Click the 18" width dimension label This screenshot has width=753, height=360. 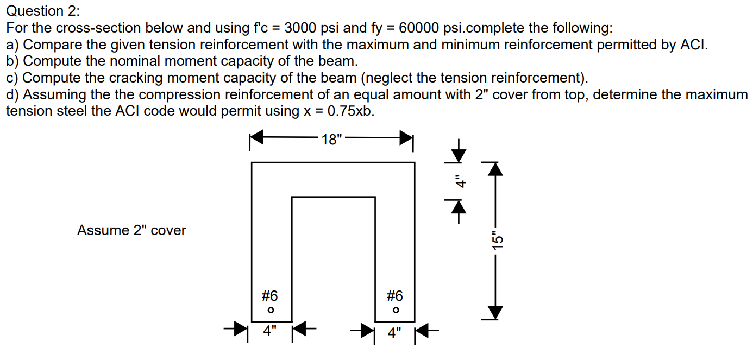pos(332,140)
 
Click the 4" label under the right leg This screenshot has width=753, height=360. pos(395,331)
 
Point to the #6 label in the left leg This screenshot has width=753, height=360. pos(269,296)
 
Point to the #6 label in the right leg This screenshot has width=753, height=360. pos(395,296)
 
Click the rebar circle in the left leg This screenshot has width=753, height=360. pos(270,311)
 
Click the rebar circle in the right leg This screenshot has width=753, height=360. pos(396,311)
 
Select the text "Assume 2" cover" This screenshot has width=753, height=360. pos(131,230)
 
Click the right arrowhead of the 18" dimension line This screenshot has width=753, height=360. pos(407,139)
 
